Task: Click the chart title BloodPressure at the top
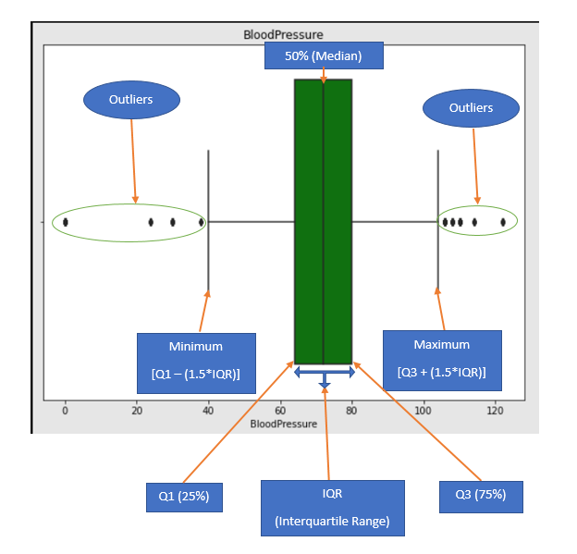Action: [x=283, y=35]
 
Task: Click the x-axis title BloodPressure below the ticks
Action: [x=283, y=424]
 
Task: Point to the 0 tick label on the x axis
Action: [x=65, y=411]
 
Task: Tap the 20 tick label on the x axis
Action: [x=136, y=411]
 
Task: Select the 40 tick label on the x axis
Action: [x=208, y=411]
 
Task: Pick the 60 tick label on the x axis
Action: [x=280, y=411]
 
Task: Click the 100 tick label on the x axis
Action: [x=424, y=411]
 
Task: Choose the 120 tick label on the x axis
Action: [x=496, y=411]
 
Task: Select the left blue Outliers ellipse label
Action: [x=131, y=100]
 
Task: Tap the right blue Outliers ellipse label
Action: [x=471, y=108]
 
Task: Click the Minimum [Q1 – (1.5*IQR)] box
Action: [x=196, y=363]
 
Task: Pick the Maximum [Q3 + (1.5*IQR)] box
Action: [x=442, y=361]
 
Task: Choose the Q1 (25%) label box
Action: [x=184, y=496]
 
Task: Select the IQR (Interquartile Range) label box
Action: [x=333, y=508]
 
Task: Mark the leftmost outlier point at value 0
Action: [x=65, y=222]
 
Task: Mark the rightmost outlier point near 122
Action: [x=503, y=222]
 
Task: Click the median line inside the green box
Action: [x=323, y=222]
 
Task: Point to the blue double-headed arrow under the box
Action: [x=324, y=372]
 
